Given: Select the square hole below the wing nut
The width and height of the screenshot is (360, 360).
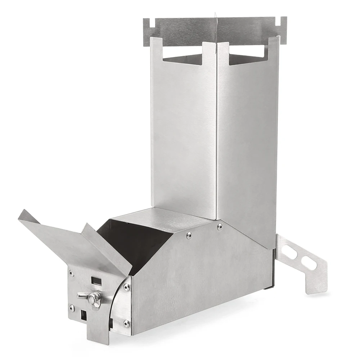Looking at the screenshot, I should click(84, 315).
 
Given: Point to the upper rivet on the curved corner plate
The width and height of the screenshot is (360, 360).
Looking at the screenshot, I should click(126, 287).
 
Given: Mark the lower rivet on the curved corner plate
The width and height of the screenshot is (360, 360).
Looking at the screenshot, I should click(126, 323).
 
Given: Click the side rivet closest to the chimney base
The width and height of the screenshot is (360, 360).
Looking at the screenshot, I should click(220, 226).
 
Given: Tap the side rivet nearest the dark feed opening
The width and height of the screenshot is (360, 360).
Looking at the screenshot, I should click(189, 236).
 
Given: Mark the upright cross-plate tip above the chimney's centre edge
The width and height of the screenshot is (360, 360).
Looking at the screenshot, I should click(216, 16).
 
